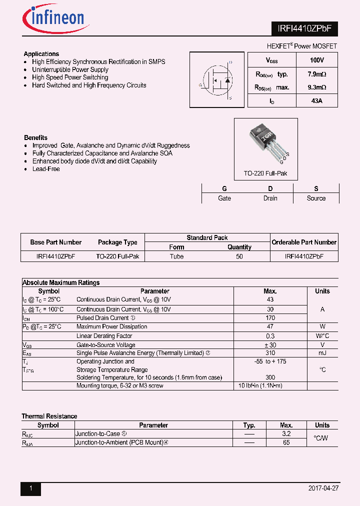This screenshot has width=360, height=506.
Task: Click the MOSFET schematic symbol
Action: (x=216, y=80)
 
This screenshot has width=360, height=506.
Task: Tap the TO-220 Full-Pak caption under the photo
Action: (x=265, y=173)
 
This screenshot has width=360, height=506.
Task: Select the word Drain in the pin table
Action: (x=270, y=198)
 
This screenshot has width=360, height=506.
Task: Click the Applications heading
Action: (x=41, y=54)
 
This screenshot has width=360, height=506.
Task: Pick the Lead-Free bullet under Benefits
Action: (x=46, y=169)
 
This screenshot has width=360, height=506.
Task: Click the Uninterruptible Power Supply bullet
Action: (x=70, y=69)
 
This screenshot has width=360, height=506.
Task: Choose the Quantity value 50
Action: (x=239, y=256)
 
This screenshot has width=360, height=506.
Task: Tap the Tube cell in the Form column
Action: (x=176, y=256)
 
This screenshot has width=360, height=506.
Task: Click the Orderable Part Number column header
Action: (x=304, y=242)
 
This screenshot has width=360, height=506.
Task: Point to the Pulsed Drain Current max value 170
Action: (x=270, y=317)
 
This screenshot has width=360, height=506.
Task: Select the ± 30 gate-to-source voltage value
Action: (x=270, y=344)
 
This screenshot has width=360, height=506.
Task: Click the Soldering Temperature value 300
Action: (x=270, y=377)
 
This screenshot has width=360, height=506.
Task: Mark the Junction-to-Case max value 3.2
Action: (x=286, y=434)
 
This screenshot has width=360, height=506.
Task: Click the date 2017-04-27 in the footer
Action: (x=324, y=488)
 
